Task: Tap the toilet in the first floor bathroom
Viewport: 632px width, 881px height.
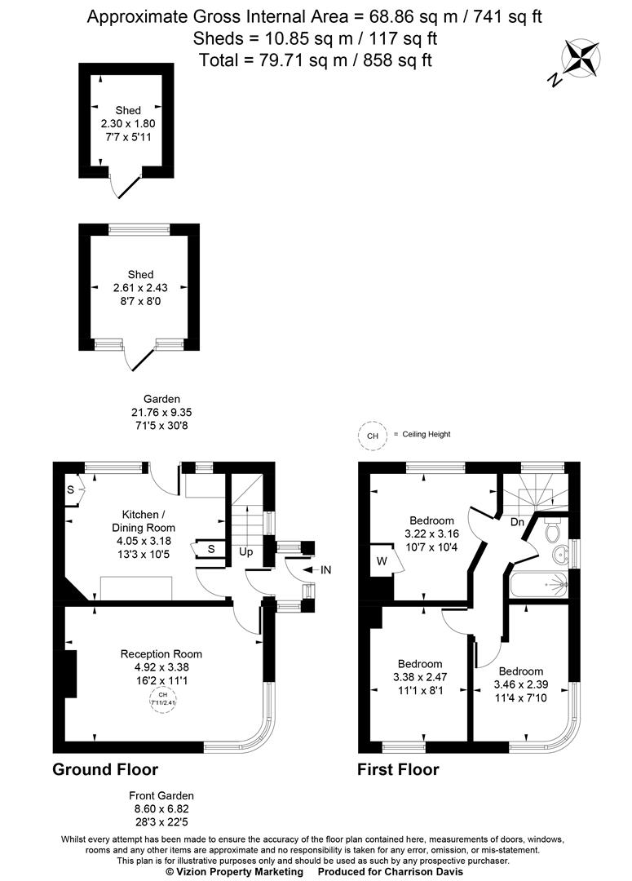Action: (x=552, y=530)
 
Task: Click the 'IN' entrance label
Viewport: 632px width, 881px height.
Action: (x=326, y=570)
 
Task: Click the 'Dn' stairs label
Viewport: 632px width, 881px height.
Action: (x=517, y=521)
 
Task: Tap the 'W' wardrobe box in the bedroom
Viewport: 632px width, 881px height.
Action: (x=382, y=561)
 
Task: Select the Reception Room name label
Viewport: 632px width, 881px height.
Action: (x=161, y=653)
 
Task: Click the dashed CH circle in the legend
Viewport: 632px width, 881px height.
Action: (x=373, y=436)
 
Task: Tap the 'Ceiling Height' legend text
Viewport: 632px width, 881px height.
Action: (x=426, y=435)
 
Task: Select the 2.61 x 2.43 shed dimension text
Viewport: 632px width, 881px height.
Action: (x=140, y=287)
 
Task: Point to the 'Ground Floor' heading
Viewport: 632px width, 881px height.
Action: (x=105, y=769)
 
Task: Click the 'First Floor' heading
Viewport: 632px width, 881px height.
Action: (x=398, y=769)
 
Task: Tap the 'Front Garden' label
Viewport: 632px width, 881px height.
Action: (x=161, y=795)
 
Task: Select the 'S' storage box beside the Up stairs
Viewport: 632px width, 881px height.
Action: (x=210, y=549)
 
